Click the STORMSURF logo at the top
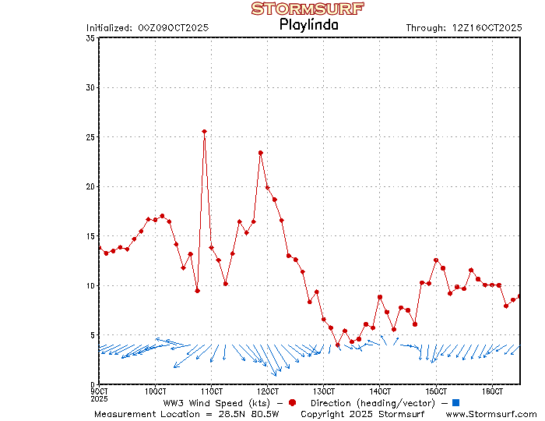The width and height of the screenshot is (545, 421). point(308,9)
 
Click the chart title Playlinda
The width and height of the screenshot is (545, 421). point(308,24)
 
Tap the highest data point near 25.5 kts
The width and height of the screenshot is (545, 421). point(204,132)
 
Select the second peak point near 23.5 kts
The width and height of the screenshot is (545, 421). point(261,153)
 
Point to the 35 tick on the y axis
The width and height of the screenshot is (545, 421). point(91,38)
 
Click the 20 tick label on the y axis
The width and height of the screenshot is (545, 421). point(91,186)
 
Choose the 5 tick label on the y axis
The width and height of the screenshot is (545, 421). point(93,335)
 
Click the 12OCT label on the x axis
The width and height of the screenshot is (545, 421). point(268,391)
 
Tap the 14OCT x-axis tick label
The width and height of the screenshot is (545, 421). point(380,391)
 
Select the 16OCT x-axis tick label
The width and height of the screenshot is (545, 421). point(492,391)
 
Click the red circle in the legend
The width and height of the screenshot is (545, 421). point(292,402)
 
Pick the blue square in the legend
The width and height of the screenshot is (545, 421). point(456,402)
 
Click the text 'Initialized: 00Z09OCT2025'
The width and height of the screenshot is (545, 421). point(147,28)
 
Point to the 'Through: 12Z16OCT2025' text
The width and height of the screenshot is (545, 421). point(463,28)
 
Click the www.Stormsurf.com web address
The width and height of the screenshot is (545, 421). point(491,414)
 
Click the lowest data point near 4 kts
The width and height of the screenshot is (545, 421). point(338,345)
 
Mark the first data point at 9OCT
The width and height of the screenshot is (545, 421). point(99,248)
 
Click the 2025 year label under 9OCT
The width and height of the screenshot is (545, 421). point(99,398)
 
